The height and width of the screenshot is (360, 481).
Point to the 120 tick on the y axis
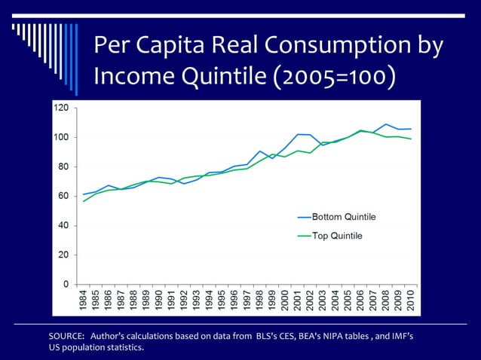coord(61,108)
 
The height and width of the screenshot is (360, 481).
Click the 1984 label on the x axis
coord(83,300)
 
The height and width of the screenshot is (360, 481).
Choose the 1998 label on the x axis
coord(259,300)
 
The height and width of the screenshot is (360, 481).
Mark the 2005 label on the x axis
coord(348,300)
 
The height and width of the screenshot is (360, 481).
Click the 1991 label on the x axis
coord(171,300)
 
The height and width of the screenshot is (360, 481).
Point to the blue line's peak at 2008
coord(385,124)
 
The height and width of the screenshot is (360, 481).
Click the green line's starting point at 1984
coord(83,201)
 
